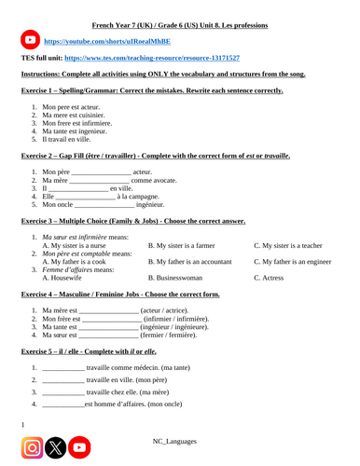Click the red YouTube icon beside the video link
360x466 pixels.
click(30, 41)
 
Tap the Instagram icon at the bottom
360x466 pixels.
click(32, 447)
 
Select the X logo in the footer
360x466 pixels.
click(57, 447)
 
